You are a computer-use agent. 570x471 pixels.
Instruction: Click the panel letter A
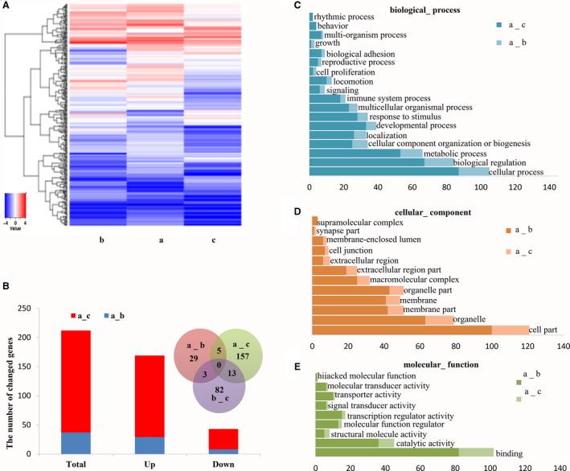(7, 6)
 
